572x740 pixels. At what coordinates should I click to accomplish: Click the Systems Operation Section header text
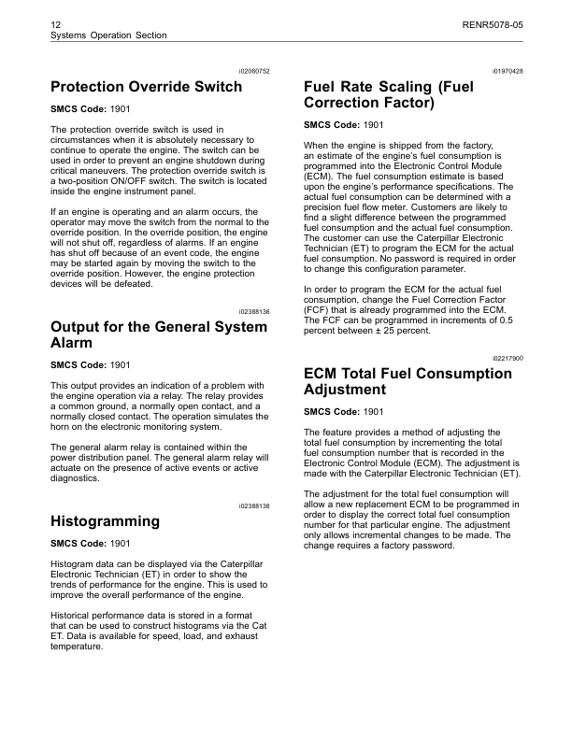(x=108, y=35)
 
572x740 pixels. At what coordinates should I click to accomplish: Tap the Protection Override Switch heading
(x=146, y=87)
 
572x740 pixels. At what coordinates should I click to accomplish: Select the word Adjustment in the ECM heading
(x=345, y=389)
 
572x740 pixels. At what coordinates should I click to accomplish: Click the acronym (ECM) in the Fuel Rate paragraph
(x=320, y=175)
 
